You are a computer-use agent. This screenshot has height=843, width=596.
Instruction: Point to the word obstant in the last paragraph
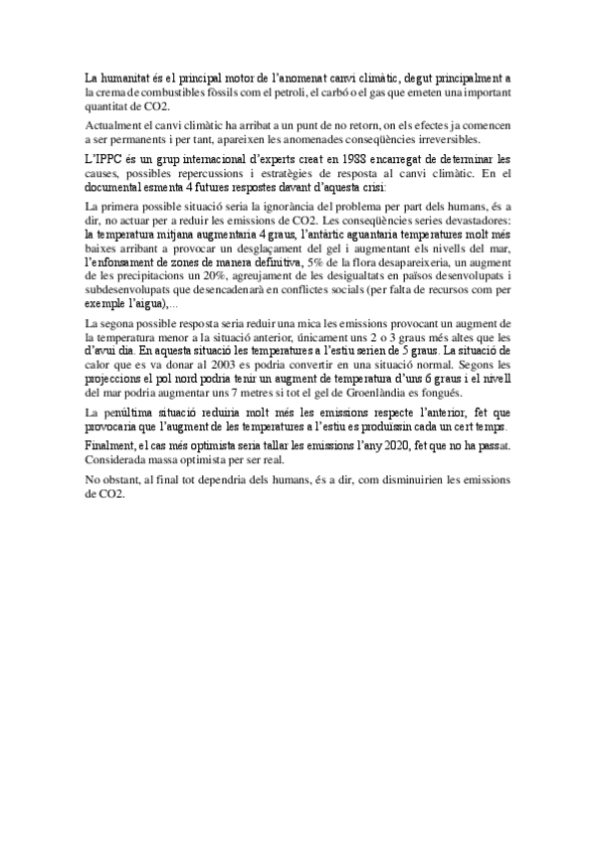coord(128,480)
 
